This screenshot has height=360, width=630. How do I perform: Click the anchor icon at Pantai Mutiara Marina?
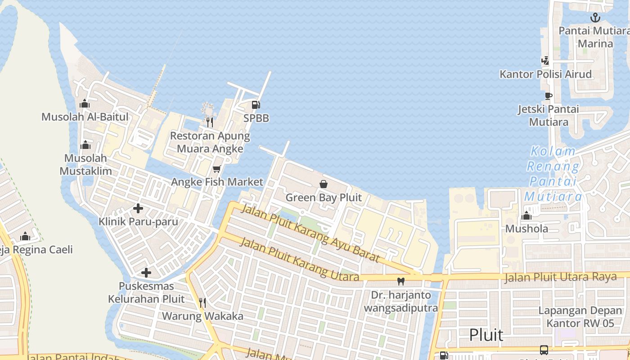[595, 18]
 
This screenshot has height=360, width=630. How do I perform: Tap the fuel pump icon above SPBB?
[256, 105]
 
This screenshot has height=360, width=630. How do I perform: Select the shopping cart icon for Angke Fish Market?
[217, 169]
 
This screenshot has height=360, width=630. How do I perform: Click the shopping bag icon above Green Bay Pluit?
[323, 184]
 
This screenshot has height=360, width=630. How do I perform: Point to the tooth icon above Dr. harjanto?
[400, 282]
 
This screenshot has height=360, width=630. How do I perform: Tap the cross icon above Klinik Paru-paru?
[138, 208]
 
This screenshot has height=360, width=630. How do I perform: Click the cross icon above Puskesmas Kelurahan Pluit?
[146, 273]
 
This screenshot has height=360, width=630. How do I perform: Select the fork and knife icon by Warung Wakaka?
[202, 303]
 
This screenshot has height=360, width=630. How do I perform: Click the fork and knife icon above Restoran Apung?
[209, 122]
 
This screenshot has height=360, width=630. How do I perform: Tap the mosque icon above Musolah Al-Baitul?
[85, 104]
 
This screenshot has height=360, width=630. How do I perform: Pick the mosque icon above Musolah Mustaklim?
[85, 145]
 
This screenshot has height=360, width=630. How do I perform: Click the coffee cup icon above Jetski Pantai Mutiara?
[548, 96]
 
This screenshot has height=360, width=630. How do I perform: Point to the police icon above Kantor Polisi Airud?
[545, 61]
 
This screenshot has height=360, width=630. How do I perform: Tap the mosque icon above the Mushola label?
[526, 216]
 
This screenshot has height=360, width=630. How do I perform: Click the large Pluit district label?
[486, 335]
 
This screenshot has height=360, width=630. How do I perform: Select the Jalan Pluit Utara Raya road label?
[560, 277]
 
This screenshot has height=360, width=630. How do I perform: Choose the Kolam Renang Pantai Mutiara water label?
[553, 174]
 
